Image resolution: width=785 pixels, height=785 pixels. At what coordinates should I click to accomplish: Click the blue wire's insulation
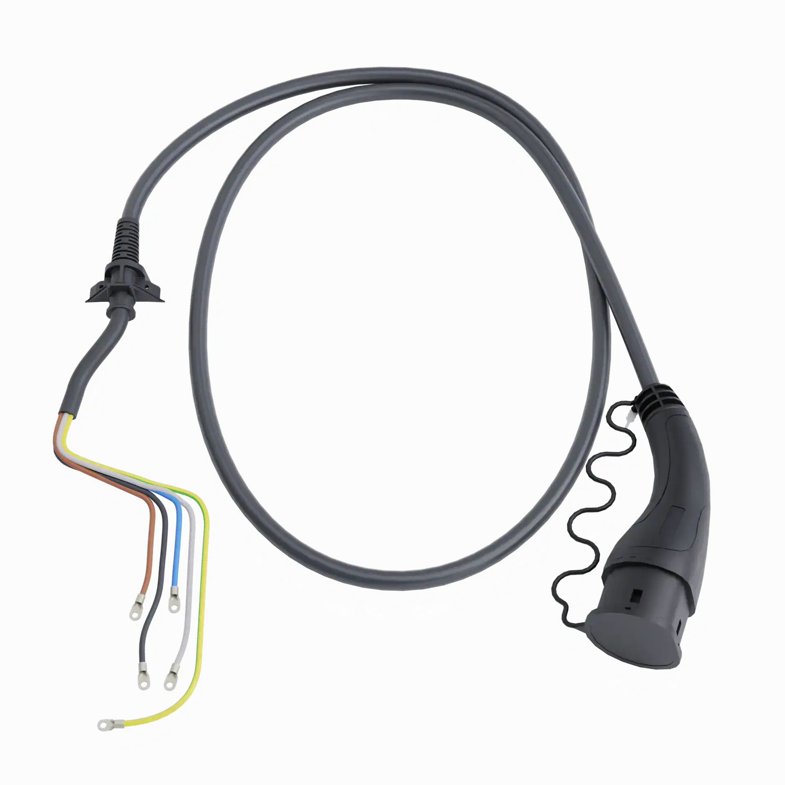(x=177, y=544)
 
